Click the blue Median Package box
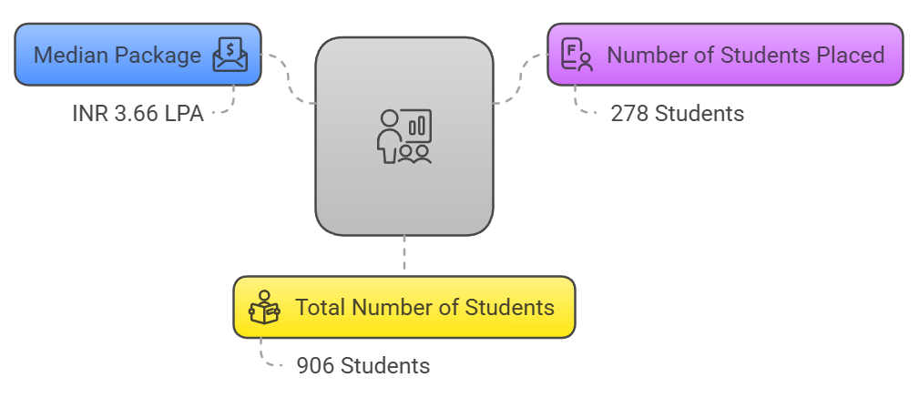click(x=138, y=55)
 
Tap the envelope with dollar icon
click(x=230, y=55)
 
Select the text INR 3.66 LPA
click(x=138, y=114)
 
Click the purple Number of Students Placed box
click(x=726, y=55)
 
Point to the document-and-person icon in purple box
click(x=577, y=55)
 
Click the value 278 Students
click(x=677, y=114)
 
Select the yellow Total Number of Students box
click(x=404, y=307)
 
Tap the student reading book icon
click(x=264, y=307)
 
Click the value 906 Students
click(x=362, y=366)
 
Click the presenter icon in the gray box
click(x=404, y=136)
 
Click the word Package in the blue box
click(x=158, y=56)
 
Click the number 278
click(x=629, y=114)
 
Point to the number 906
click(x=315, y=366)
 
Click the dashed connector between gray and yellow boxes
click(x=404, y=253)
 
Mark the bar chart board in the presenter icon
click(x=416, y=126)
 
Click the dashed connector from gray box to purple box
click(x=519, y=77)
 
